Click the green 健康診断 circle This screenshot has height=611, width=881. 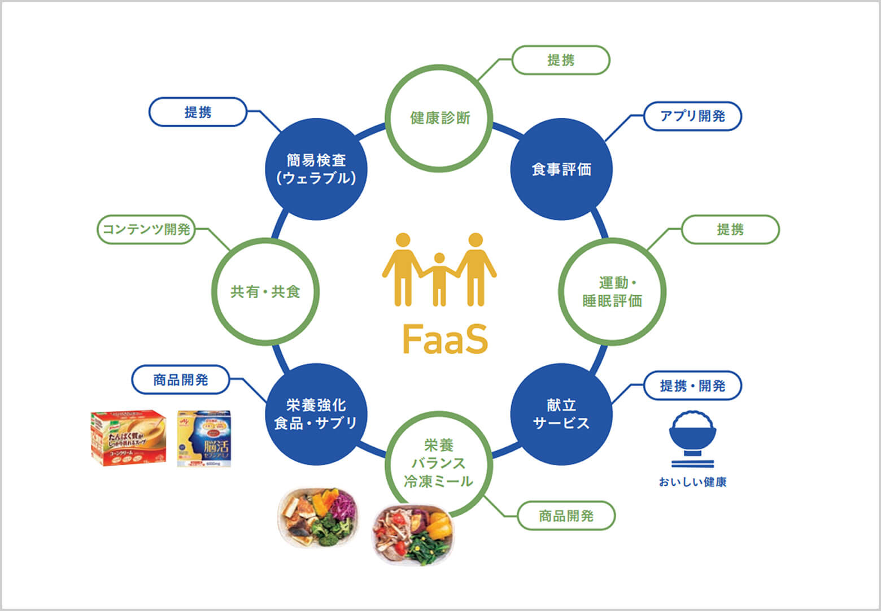coord(439,118)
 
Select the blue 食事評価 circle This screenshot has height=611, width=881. coord(561,169)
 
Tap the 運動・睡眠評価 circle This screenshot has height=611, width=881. coord(612,291)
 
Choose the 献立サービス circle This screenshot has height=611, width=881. coord(561,414)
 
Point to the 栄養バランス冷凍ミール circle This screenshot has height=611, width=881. coord(439,464)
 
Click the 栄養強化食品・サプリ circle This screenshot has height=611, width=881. coord(316,414)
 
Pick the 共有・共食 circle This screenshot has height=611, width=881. coord(265,291)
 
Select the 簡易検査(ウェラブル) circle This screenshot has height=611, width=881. coord(316,169)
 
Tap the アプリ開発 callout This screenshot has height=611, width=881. coord(692,116)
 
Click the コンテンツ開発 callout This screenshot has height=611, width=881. coord(146,229)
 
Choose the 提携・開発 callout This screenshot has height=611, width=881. coord(692,386)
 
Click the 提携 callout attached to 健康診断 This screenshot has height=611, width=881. coord(561,60)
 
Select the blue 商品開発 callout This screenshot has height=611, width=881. coord(181,380)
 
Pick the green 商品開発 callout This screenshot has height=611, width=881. coord(566,516)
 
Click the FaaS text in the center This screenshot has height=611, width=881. coord(445,339)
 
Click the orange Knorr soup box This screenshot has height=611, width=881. coord(129,438)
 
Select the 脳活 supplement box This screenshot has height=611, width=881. coord(204,438)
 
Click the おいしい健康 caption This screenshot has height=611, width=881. coord(692,482)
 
